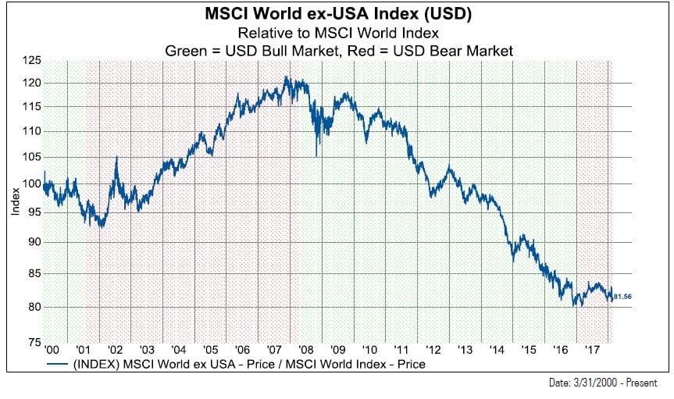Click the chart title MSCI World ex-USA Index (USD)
pos(338,14)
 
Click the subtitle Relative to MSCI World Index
pos(338,33)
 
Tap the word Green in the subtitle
pos(186,50)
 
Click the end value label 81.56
pos(623,297)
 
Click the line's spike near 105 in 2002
pos(116,158)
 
